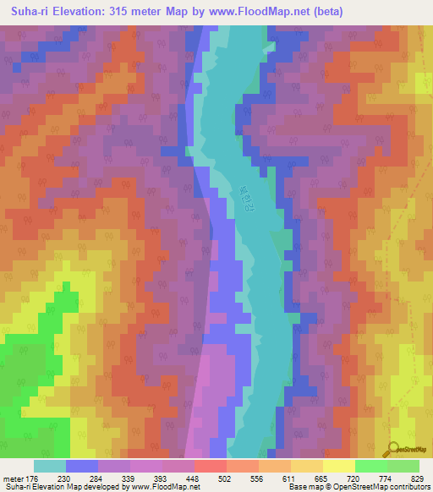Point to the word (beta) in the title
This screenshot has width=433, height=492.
point(326,12)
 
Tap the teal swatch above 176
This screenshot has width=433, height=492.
point(50,466)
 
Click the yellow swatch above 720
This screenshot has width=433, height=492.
point(338,466)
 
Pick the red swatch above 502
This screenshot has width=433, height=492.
point(210,466)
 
